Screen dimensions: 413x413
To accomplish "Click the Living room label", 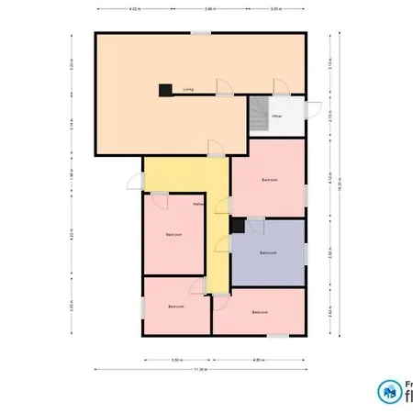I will tap(187, 90).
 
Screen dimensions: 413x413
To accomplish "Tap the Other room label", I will tap(276, 117).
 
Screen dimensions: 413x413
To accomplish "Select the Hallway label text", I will tap(197, 203).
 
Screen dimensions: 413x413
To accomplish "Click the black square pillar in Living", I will tap(165, 90).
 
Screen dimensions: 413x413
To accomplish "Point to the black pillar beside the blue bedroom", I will tap(237, 225).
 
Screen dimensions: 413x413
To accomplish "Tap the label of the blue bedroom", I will tap(268, 251).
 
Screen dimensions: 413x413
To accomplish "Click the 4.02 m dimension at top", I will tap(135, 9).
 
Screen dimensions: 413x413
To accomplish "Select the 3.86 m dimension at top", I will tap(209, 9).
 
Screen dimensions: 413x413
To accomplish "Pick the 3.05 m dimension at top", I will tap(274, 9).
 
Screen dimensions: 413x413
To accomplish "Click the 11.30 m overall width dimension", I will tap(200, 370).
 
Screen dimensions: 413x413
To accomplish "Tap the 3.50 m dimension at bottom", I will tap(175, 360).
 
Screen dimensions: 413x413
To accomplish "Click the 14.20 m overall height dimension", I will tap(339, 184).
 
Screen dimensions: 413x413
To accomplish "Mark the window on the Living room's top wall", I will tap(200, 33).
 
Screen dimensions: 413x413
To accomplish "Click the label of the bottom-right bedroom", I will tap(260, 313).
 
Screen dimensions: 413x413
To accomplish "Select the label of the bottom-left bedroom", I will tap(176, 306).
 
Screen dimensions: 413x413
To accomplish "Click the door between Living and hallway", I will tap(213, 148).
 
